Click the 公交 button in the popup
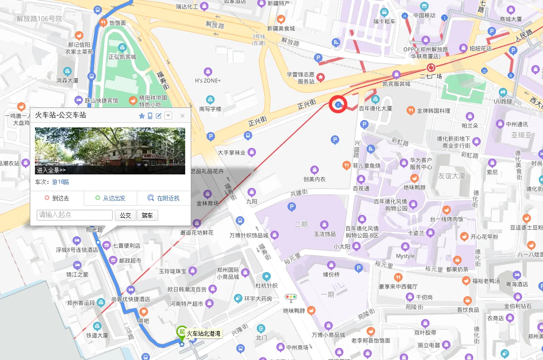point(125,215)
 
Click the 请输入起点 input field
point(74,215)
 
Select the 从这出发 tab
point(110,198)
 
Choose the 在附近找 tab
point(164,198)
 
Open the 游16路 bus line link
point(60,182)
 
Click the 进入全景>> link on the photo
point(51,170)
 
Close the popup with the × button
point(182,116)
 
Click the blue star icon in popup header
point(142,116)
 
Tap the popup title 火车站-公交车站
point(60,115)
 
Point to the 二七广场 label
point(431,76)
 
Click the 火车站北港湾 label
point(203,333)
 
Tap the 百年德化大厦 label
point(375,108)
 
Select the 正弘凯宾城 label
point(122,57)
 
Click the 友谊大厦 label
point(451,176)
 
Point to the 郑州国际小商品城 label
point(228,273)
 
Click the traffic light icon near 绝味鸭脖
point(291,297)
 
